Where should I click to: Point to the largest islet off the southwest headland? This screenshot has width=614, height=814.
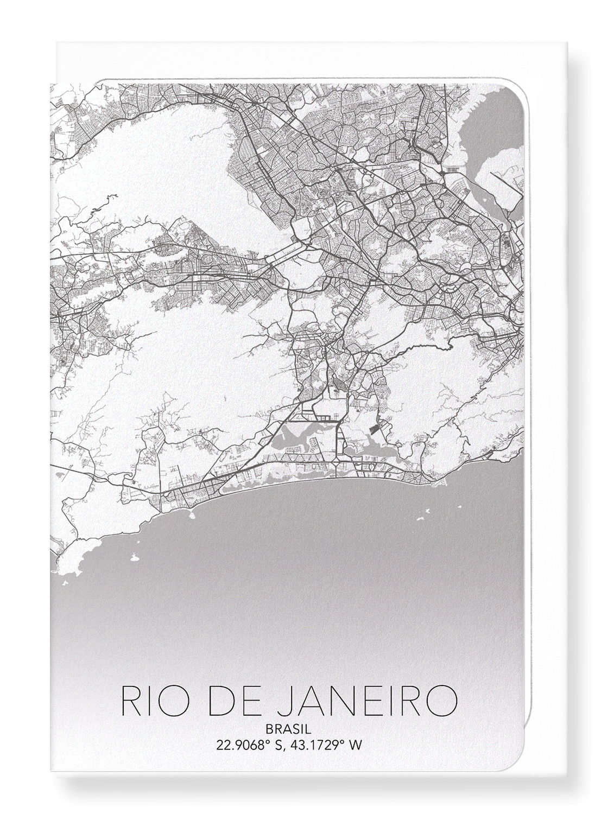pos(133,557)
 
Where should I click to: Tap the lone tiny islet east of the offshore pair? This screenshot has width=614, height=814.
pos(459,508)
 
